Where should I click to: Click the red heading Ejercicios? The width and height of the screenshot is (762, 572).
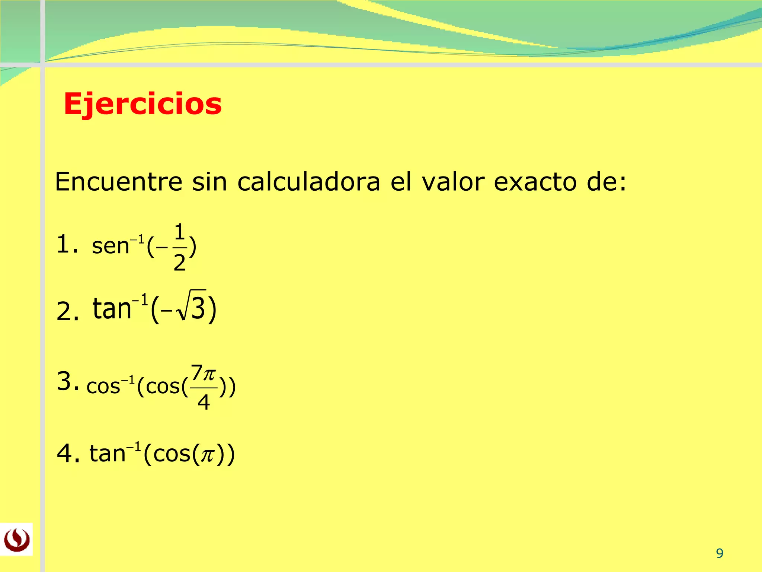tap(143, 104)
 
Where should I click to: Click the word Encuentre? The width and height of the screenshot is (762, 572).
tap(119, 182)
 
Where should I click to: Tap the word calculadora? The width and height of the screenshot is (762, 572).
tap(309, 182)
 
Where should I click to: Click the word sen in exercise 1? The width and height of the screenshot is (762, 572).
tap(110, 247)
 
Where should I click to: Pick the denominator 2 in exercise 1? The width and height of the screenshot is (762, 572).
tap(180, 263)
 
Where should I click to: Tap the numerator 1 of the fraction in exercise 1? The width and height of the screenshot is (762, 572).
tap(180, 232)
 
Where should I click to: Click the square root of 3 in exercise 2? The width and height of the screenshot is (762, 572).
tap(192, 306)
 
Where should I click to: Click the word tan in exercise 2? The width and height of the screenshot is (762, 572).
tap(112, 309)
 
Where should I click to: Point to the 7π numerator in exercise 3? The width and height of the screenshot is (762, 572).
tap(203, 373)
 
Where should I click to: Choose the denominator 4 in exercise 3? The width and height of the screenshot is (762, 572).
tap(204, 402)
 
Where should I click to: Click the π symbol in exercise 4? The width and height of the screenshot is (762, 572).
tap(208, 455)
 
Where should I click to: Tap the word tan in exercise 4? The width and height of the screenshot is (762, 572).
tap(108, 454)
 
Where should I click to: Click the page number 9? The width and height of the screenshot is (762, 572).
tap(720, 553)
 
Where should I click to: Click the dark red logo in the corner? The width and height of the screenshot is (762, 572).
tap(16, 540)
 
